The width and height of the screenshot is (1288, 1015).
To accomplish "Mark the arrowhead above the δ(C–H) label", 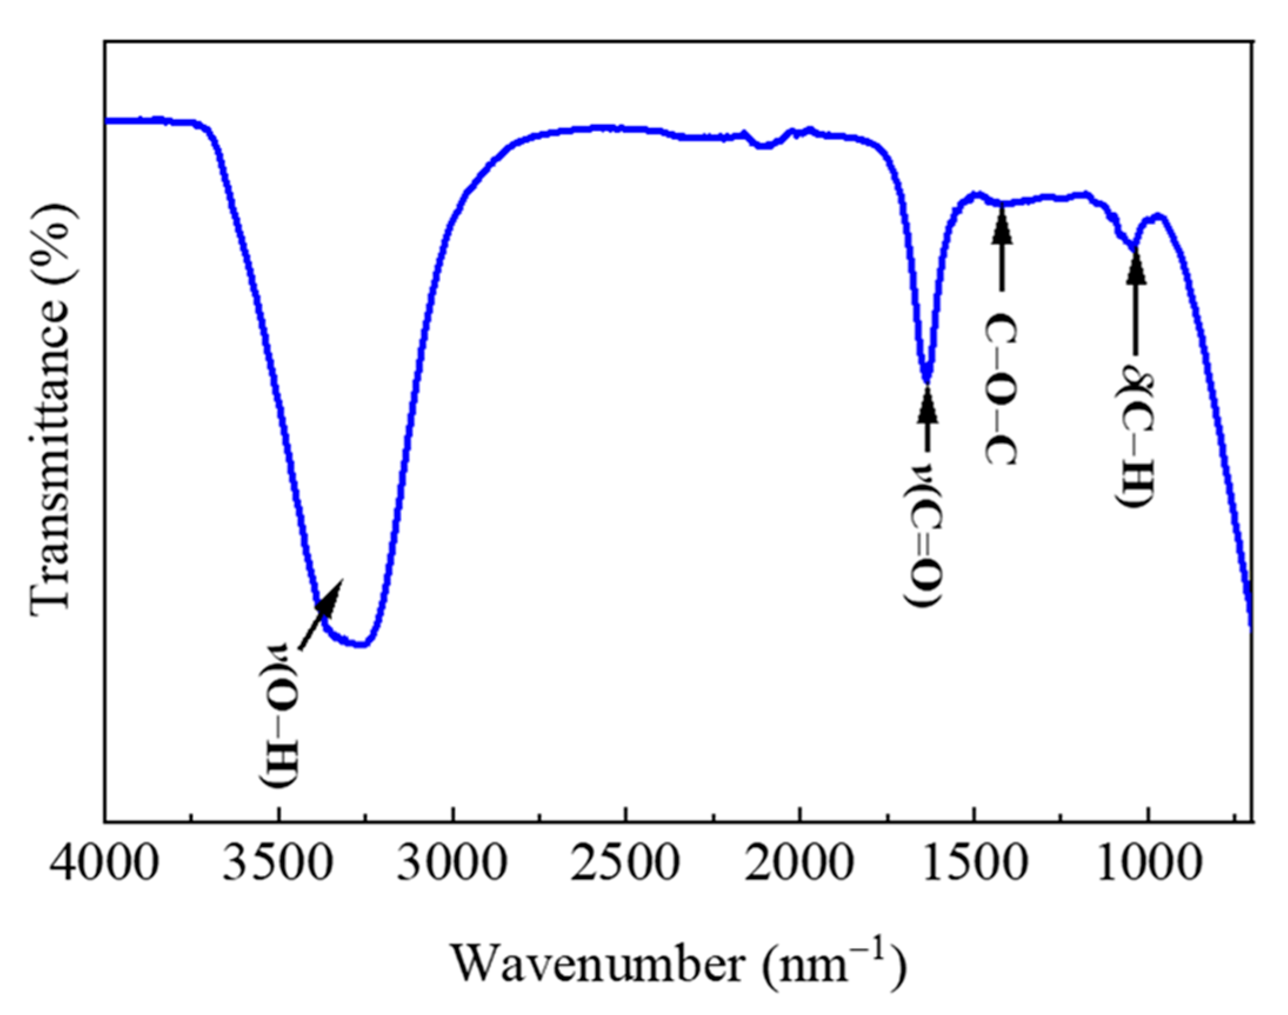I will [x=1136, y=268].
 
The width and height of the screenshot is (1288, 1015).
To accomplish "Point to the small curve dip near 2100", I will [x=764, y=145].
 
